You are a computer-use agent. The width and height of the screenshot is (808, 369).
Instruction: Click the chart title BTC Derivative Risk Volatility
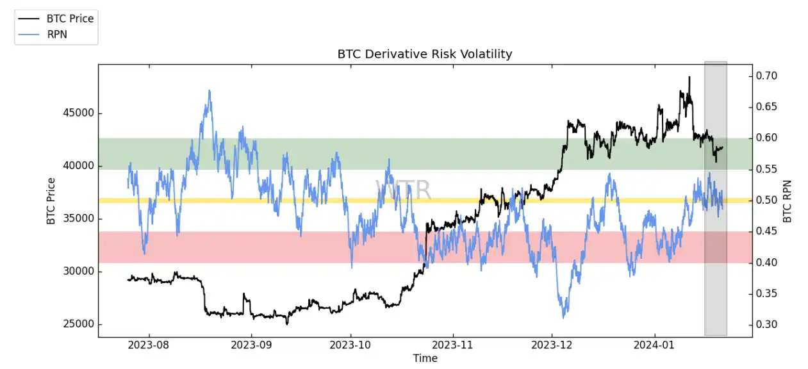tap(425, 54)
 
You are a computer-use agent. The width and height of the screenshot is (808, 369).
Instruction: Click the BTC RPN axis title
tap(787, 201)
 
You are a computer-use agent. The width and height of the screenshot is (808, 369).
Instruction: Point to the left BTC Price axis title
tap(51, 201)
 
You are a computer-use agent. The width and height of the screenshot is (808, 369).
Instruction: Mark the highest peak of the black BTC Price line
tap(689, 77)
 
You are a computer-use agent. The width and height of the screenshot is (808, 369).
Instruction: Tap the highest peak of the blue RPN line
tap(210, 90)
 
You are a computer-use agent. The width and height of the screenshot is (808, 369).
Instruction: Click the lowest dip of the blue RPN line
tap(564, 318)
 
